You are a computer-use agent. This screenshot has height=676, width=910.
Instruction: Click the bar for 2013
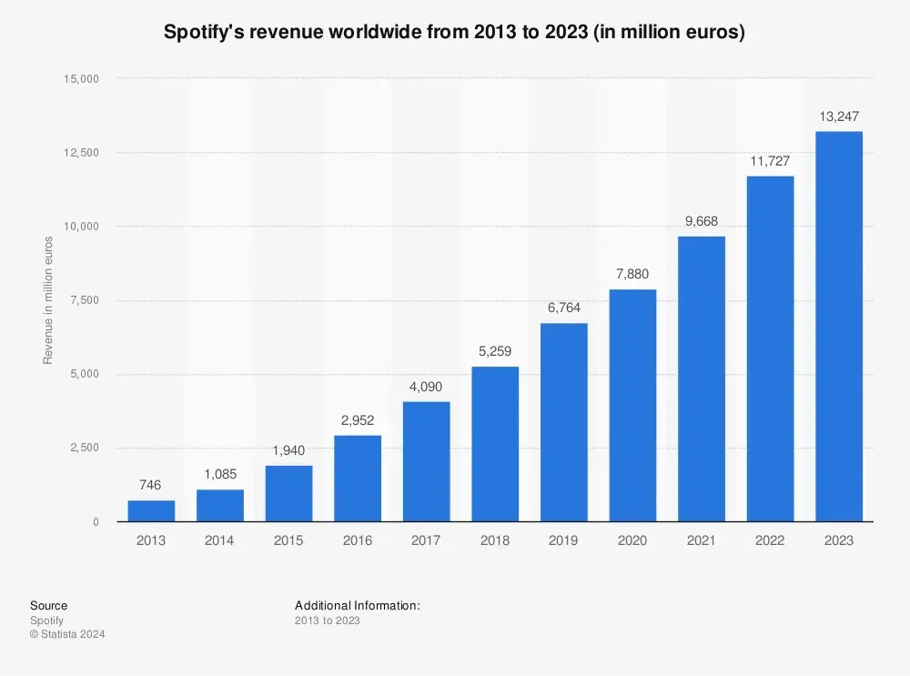151,510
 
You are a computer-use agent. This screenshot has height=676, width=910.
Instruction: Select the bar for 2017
426,461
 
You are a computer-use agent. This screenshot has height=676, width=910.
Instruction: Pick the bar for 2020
632,405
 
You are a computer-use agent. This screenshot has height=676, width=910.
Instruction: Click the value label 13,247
838,116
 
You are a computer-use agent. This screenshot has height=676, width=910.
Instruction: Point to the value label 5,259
495,351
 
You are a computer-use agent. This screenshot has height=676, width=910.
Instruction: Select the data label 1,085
220,474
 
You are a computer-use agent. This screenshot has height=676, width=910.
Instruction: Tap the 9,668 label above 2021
701,221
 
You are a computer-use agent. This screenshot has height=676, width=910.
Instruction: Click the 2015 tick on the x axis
288,540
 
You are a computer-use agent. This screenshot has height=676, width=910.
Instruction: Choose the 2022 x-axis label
770,540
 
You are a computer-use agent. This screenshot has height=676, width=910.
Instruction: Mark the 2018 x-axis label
495,540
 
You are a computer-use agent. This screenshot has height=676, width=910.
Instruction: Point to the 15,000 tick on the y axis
81,79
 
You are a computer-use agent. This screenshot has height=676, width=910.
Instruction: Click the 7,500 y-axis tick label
84,300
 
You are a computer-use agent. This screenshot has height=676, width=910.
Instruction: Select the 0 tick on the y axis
95,522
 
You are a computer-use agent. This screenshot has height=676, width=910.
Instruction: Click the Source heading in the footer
48,605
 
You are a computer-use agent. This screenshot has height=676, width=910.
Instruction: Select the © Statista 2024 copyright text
67,634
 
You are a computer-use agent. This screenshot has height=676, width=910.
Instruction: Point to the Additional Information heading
357,605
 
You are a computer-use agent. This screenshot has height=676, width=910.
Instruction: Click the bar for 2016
358,478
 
